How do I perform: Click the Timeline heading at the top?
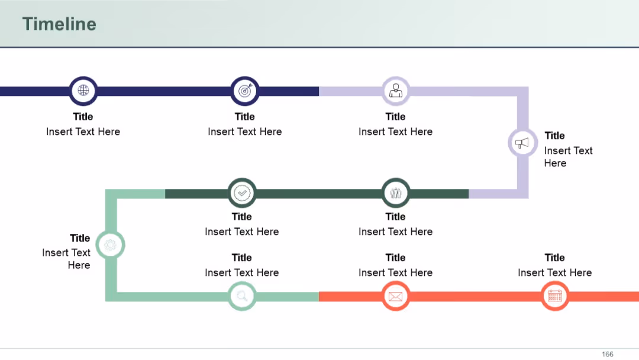click(x=59, y=24)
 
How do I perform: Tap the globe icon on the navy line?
click(x=83, y=90)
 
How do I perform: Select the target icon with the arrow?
click(x=245, y=91)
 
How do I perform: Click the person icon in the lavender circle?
click(x=395, y=91)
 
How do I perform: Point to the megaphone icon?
click(x=522, y=143)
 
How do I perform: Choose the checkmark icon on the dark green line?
click(x=242, y=193)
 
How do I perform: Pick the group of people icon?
click(x=395, y=193)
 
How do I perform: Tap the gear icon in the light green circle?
click(x=110, y=245)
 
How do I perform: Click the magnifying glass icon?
click(x=242, y=296)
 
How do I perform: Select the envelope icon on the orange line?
click(x=395, y=297)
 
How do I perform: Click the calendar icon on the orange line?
click(x=554, y=296)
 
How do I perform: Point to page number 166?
click(x=607, y=354)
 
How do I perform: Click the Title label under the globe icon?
click(x=83, y=117)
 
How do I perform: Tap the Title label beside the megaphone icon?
click(x=554, y=136)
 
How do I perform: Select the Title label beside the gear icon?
click(x=80, y=238)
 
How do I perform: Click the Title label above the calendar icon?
click(x=554, y=258)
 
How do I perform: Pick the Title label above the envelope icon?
click(x=395, y=258)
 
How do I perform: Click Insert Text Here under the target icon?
click(x=245, y=131)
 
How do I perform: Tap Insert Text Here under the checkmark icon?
click(x=242, y=232)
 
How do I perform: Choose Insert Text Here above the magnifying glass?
click(x=242, y=272)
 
